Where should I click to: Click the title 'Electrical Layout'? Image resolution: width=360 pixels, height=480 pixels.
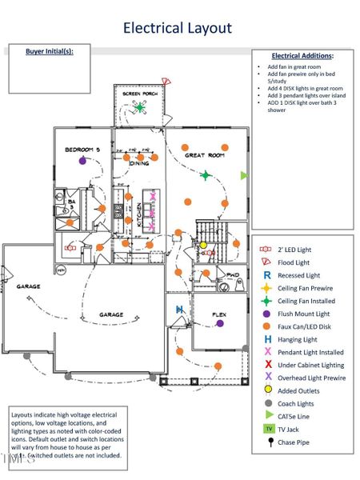178,29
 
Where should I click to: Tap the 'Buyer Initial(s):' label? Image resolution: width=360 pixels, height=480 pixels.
50,51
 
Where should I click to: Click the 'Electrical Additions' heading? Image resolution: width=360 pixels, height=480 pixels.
302,56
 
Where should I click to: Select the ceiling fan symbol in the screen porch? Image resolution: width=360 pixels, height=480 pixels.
139,106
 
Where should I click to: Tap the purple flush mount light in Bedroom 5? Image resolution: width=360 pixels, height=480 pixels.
82,161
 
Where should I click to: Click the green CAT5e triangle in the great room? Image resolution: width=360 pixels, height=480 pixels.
244,175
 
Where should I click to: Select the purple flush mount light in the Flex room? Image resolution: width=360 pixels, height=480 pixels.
219,324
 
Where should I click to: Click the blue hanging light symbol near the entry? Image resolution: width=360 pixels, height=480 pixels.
181,309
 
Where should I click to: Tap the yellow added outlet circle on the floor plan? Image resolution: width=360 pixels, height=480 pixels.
203,245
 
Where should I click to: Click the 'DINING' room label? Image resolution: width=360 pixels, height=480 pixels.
140,162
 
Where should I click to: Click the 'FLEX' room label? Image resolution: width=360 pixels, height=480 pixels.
219,314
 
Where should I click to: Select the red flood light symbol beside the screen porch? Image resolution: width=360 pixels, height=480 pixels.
166,82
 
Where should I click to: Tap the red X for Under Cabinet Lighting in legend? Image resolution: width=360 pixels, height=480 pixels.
267,364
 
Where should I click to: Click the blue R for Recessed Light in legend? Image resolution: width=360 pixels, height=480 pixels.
267,274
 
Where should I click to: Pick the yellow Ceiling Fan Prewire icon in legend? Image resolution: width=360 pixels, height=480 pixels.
267,288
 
